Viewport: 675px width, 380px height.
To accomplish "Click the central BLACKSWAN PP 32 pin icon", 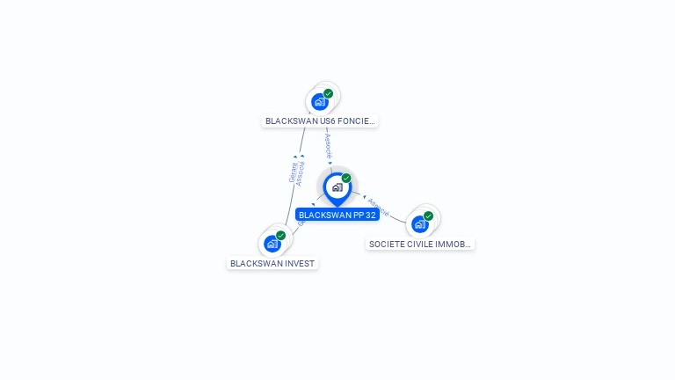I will point(337,187).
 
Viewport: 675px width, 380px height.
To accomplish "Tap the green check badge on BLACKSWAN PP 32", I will point(346,179).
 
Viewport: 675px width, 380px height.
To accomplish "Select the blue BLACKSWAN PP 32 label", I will point(337,215).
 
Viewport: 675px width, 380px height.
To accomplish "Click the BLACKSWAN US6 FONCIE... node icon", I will point(320,101).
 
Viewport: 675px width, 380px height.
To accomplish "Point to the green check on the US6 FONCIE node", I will point(329,93).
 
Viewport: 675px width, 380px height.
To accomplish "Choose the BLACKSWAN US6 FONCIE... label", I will point(320,121).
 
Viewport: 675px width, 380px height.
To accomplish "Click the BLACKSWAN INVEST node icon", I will point(272,243).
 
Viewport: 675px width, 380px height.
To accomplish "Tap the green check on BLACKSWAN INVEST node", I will point(281,235).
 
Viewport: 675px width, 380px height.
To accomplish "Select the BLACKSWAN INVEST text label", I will point(272,263).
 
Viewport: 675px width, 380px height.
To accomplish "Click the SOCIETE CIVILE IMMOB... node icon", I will point(420,223).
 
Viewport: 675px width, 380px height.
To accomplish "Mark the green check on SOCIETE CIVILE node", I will point(429,216).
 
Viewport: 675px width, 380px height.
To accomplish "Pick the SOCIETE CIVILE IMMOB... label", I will point(420,244).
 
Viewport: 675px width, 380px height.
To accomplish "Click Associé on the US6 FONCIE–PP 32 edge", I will point(329,147).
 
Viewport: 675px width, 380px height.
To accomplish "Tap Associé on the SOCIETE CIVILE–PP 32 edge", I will point(378,207).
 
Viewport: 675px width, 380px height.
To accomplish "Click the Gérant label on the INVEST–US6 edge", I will point(293,172).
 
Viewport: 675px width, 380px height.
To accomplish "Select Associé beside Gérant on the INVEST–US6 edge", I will point(301,173).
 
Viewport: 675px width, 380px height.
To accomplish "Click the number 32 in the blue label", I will point(370,215).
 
